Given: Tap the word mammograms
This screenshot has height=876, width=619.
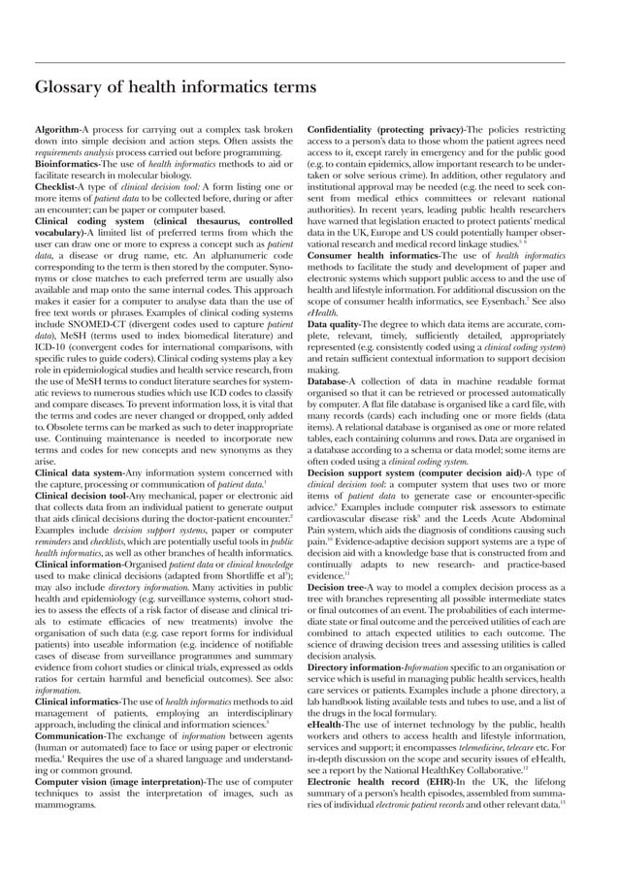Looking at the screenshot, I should [69, 805].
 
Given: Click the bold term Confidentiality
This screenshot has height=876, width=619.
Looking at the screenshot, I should [345, 129].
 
